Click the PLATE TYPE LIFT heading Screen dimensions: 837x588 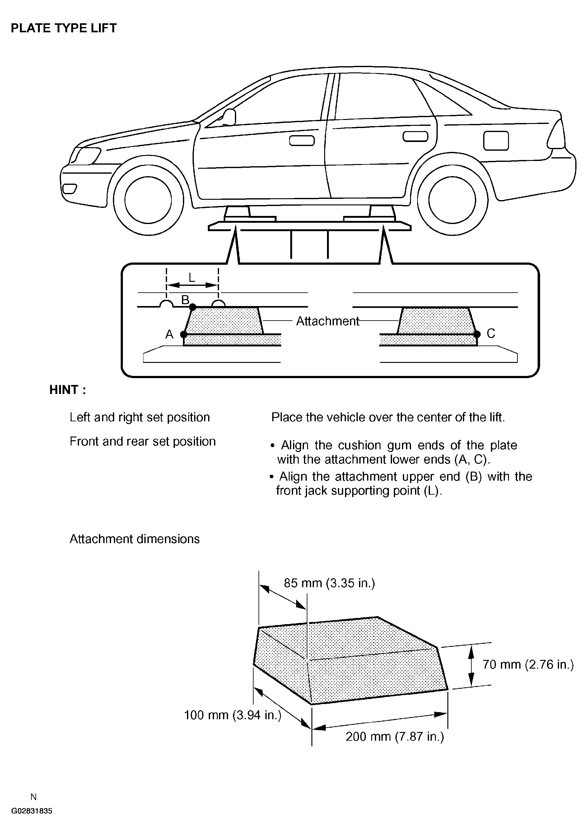[63, 28]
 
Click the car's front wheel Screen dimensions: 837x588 [148, 200]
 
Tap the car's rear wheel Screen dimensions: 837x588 [452, 200]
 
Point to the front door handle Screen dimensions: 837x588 [302, 140]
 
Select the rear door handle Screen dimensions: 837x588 [415, 136]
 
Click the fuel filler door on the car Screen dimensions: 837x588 [496, 140]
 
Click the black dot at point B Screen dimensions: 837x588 [193, 307]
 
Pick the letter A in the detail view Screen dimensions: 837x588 [169, 334]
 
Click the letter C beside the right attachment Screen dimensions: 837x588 [491, 333]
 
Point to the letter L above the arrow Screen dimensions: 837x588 [192, 278]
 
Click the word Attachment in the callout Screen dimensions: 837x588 [327, 321]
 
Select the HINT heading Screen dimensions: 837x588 [68, 390]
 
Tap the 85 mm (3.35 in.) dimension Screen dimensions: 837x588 [329, 583]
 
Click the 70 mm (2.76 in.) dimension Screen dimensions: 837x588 [528, 664]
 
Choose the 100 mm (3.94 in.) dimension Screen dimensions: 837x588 [232, 715]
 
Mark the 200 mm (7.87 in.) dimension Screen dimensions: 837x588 [394, 736]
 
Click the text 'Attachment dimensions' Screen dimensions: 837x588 [134, 539]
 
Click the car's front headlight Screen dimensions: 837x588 [86, 156]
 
